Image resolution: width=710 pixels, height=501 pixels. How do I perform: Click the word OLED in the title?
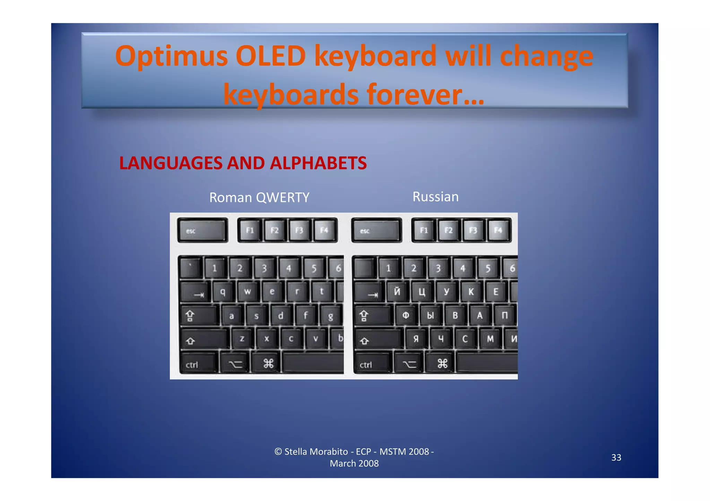coord(270,56)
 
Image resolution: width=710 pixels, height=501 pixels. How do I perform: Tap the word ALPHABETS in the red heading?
coord(318,163)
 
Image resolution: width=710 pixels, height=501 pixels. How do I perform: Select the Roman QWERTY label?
coord(259,198)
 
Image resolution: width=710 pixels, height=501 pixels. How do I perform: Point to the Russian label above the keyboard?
coord(435,197)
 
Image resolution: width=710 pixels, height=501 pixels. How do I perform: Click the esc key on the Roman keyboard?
coord(202,230)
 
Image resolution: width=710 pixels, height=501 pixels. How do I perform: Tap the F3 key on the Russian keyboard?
coord(473,230)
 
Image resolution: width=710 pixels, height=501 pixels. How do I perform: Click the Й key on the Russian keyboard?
coord(397,292)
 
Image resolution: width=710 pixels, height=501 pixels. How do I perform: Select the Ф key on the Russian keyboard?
coord(406,315)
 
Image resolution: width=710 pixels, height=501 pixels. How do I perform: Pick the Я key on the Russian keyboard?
coord(416,339)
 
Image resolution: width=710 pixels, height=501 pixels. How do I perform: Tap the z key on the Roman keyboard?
coord(242,339)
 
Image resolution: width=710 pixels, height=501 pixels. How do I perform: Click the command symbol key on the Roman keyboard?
coord(268,364)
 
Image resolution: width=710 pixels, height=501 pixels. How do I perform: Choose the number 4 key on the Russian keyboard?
coord(463,268)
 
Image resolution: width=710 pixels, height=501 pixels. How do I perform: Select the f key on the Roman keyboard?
coord(305,315)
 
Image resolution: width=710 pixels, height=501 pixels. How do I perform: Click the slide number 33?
coord(616,457)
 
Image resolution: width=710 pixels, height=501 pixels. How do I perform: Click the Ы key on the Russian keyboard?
coord(430,315)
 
